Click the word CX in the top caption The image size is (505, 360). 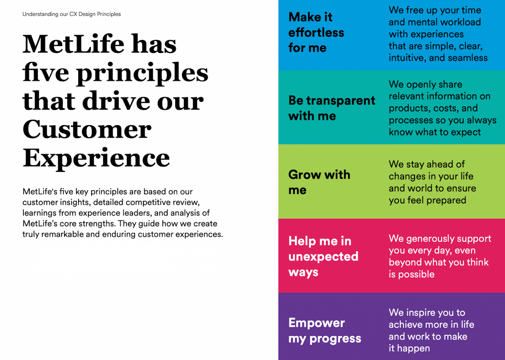point(73,14)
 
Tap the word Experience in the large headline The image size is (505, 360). point(96,158)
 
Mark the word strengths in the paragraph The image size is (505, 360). point(99,224)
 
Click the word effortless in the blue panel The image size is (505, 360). point(316,33)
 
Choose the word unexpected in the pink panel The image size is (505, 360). point(323,257)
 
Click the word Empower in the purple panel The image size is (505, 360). point(317,323)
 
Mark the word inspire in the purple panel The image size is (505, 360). point(425,313)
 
